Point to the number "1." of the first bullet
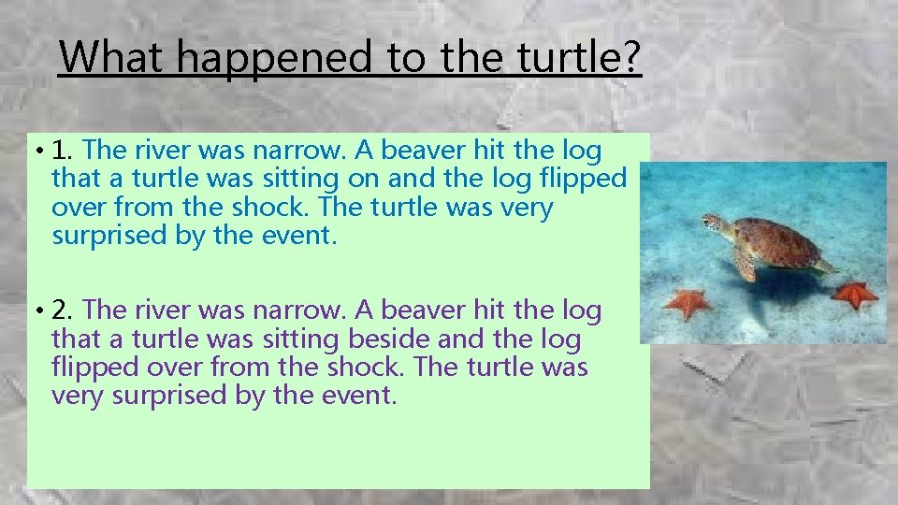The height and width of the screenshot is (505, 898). coord(64,151)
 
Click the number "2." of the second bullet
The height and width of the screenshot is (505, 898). coord(64,310)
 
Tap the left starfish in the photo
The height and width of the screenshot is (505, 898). coord(688,303)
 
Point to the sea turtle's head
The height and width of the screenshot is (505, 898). coord(712,223)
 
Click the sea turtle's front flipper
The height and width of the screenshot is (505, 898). coord(746,265)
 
